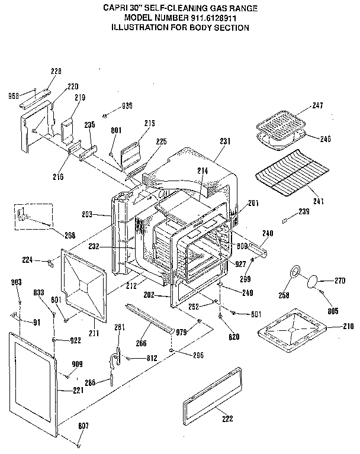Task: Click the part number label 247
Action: (x=317, y=105)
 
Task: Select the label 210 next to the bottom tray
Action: (x=348, y=326)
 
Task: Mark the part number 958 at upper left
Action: (x=13, y=95)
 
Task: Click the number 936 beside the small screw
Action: (x=127, y=105)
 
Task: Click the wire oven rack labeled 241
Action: (x=290, y=172)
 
